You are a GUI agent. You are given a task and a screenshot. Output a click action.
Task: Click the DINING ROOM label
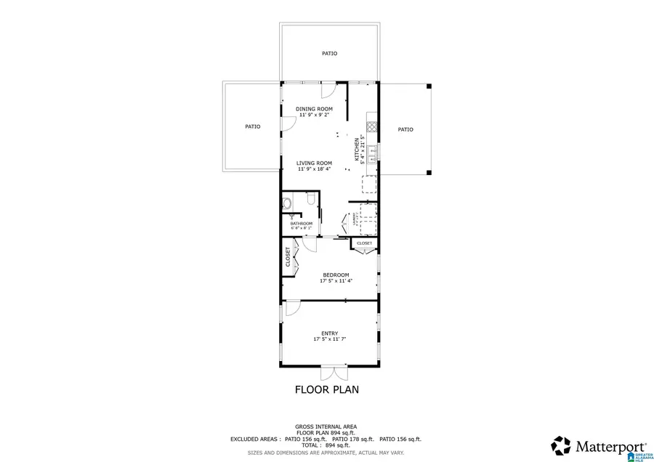pyautogui.click(x=314, y=109)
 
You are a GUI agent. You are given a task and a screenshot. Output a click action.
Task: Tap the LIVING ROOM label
pyautogui.click(x=314, y=163)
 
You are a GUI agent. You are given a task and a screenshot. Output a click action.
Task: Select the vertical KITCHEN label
pyautogui.click(x=357, y=148)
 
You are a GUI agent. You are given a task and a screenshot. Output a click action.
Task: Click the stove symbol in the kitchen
pyautogui.click(x=371, y=125)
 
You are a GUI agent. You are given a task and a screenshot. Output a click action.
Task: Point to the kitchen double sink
pyautogui.click(x=371, y=153)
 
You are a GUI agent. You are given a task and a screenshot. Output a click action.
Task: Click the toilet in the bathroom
pyautogui.click(x=286, y=203)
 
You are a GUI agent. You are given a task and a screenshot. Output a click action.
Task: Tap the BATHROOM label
pyautogui.click(x=302, y=223)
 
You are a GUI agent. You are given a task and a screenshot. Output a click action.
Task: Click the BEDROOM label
pyautogui.click(x=336, y=275)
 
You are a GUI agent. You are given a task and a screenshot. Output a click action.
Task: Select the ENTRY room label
pyautogui.click(x=329, y=333)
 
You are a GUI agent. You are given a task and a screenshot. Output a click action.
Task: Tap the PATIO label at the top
pyautogui.click(x=329, y=53)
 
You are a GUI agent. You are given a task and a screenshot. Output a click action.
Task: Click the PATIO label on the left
pyautogui.click(x=252, y=126)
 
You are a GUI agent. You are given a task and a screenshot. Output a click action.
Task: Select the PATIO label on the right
pyautogui.click(x=405, y=129)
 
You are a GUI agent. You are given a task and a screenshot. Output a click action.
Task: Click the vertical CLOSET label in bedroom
pyautogui.click(x=288, y=257)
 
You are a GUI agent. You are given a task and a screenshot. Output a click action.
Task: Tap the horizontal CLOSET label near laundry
pyautogui.click(x=364, y=243)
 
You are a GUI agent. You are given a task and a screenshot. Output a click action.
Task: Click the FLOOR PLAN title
pyautogui.click(x=326, y=389)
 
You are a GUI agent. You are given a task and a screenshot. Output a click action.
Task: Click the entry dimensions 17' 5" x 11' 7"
pyautogui.click(x=329, y=339)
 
